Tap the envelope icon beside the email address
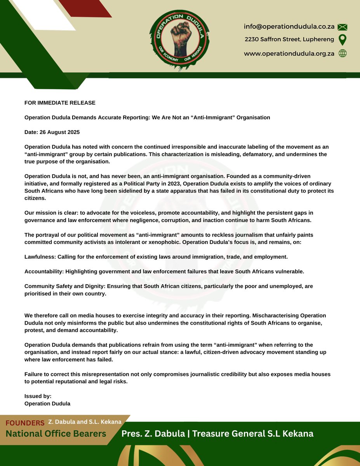(342, 27)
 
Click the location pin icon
(342, 40)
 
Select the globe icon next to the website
(342, 54)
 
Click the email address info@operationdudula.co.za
(289, 27)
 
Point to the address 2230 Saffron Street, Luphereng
(289, 40)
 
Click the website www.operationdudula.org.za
(289, 54)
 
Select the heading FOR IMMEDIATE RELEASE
(60, 103)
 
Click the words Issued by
(38, 396)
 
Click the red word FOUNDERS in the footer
(25, 423)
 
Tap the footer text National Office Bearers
(56, 433)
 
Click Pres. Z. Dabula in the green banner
(151, 433)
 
